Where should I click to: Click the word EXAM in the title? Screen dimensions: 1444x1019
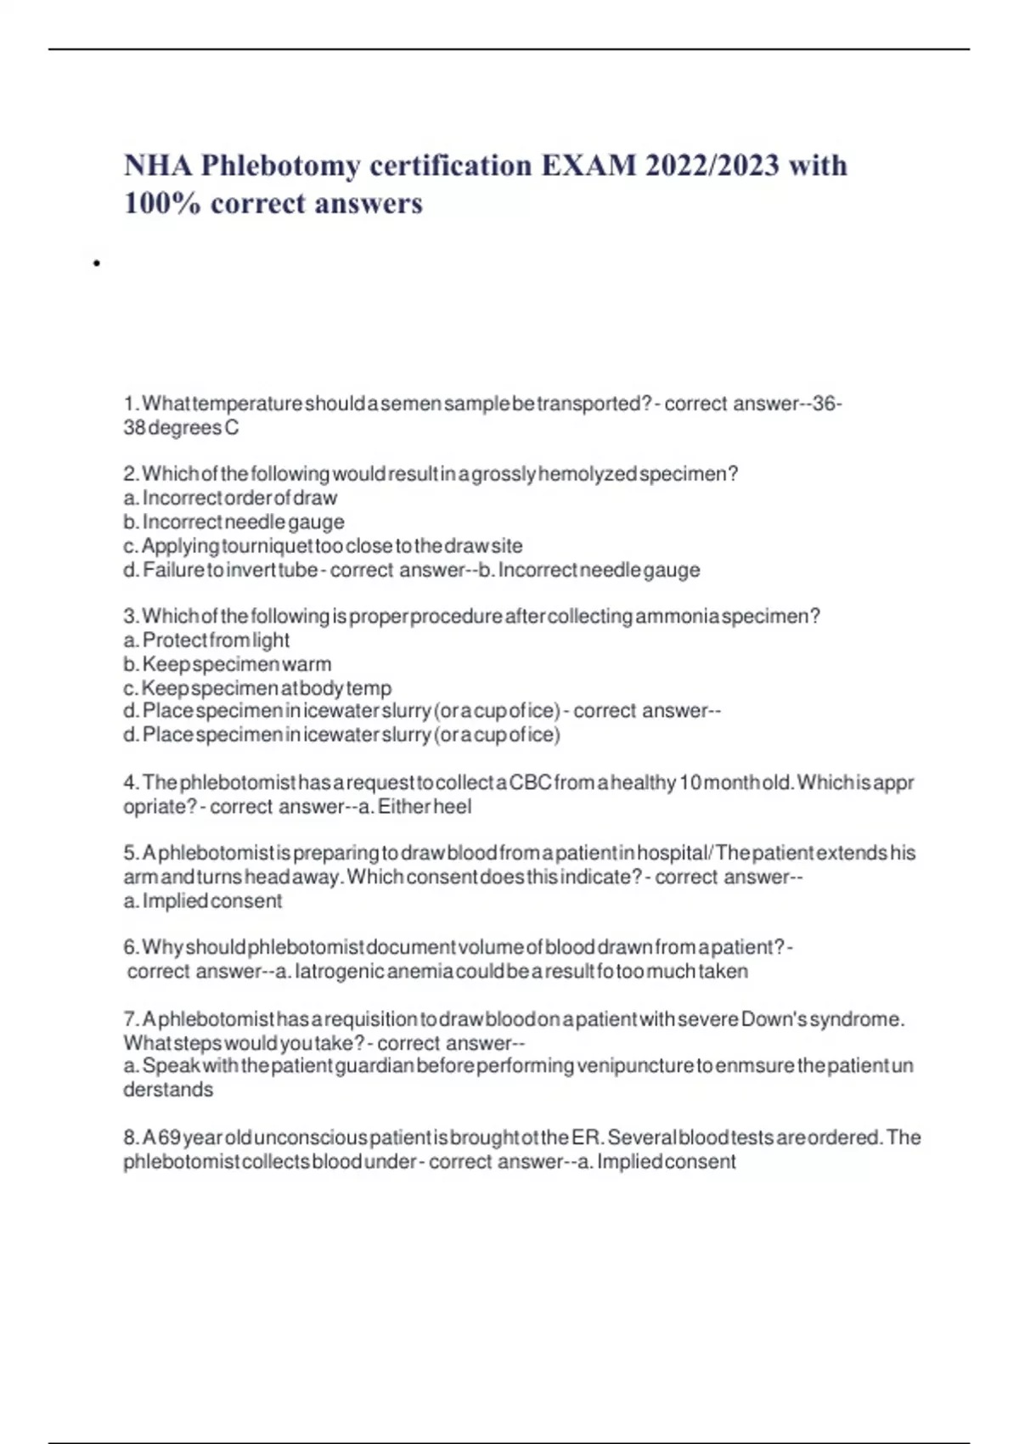pyautogui.click(x=588, y=165)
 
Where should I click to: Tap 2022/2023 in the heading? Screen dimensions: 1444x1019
pyautogui.click(x=712, y=165)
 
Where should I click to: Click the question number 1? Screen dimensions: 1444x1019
pyautogui.click(x=130, y=403)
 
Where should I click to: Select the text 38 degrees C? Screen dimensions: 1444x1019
pyautogui.click(x=181, y=428)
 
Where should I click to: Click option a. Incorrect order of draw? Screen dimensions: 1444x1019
pyautogui.click(x=230, y=498)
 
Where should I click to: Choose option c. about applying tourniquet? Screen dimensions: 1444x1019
pyautogui.click(x=323, y=545)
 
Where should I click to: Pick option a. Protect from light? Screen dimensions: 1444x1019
pyautogui.click(x=206, y=640)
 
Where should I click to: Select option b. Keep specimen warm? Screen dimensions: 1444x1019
pyautogui.click(x=228, y=664)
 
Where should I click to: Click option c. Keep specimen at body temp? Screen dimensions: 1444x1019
pyautogui.click(x=257, y=688)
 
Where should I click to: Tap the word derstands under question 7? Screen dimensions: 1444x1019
pyautogui.click(x=168, y=1090)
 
